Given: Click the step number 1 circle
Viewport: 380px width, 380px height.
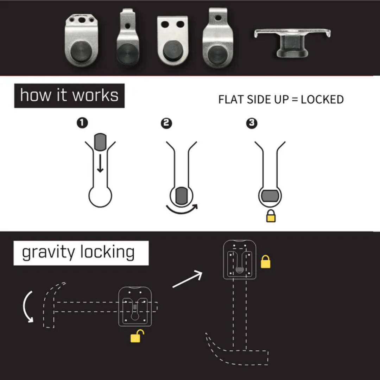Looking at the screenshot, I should pos(82,123).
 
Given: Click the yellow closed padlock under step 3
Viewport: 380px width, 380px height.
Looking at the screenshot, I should pos(271,216).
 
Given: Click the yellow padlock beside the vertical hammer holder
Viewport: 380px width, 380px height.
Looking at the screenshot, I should pos(266,262).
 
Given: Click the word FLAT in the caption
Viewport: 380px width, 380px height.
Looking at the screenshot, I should pos(230,100).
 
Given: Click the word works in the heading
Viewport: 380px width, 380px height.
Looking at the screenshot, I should pos(95,95).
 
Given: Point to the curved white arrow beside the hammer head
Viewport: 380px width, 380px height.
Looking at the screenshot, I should pos(27,307).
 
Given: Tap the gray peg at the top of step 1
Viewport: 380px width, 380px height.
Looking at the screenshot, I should pos(100,141).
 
